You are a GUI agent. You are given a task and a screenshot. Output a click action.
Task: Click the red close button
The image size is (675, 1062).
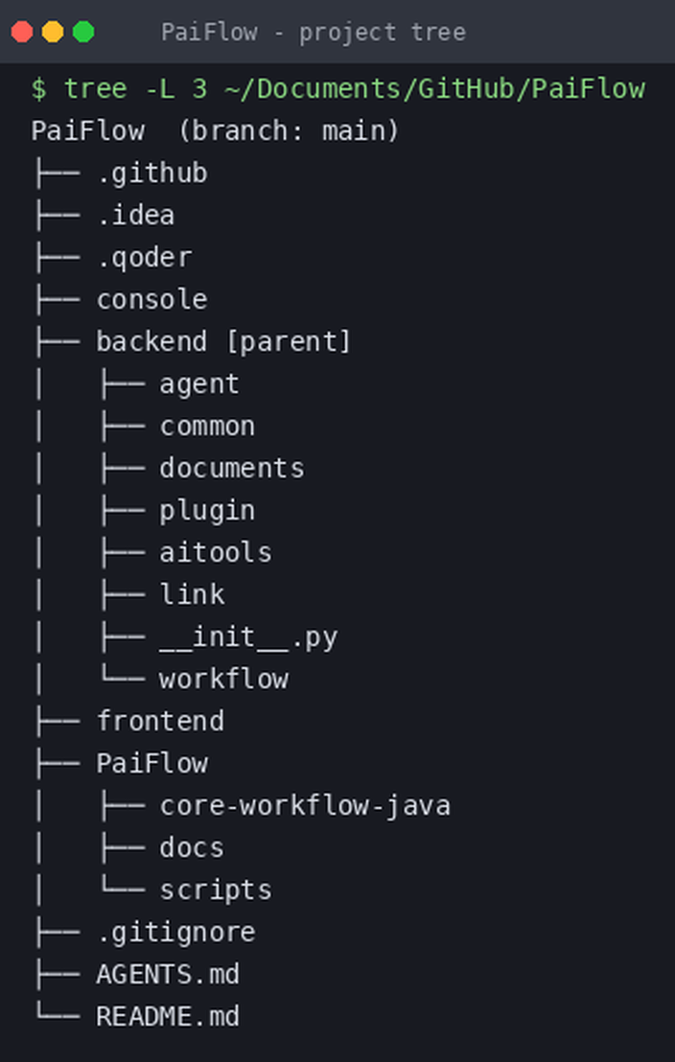click(22, 32)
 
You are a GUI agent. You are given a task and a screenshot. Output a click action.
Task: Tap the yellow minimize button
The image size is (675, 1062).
click(53, 32)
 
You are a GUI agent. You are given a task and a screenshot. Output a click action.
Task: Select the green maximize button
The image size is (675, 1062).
click(83, 32)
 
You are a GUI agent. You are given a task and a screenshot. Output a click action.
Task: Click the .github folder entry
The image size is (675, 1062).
click(151, 174)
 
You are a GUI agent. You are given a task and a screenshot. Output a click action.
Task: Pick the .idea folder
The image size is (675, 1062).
click(135, 216)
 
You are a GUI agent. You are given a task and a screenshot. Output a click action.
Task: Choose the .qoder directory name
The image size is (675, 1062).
click(144, 258)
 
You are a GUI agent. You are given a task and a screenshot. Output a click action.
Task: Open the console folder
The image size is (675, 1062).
click(151, 300)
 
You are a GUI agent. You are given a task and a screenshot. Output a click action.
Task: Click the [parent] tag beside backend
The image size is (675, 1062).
click(288, 341)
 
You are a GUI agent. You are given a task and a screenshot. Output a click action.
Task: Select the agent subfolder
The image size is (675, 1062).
click(199, 384)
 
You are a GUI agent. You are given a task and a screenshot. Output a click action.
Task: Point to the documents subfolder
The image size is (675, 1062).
click(232, 468)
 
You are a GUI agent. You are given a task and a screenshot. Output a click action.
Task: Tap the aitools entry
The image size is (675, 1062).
click(216, 552)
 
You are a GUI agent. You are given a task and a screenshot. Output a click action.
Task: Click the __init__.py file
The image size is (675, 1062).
click(248, 637)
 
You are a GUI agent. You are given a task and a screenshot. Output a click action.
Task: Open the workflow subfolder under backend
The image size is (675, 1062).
click(223, 679)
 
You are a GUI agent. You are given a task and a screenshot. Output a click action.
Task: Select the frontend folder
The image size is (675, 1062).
click(160, 721)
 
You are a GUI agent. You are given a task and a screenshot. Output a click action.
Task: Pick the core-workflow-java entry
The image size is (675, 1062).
click(305, 806)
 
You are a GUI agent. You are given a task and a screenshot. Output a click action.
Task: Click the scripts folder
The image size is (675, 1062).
click(216, 890)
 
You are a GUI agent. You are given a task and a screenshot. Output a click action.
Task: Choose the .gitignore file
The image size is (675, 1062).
click(175, 933)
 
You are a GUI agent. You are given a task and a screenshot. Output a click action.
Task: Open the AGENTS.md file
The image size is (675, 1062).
click(168, 975)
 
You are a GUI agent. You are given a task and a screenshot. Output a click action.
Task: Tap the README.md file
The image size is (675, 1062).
click(168, 1017)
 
